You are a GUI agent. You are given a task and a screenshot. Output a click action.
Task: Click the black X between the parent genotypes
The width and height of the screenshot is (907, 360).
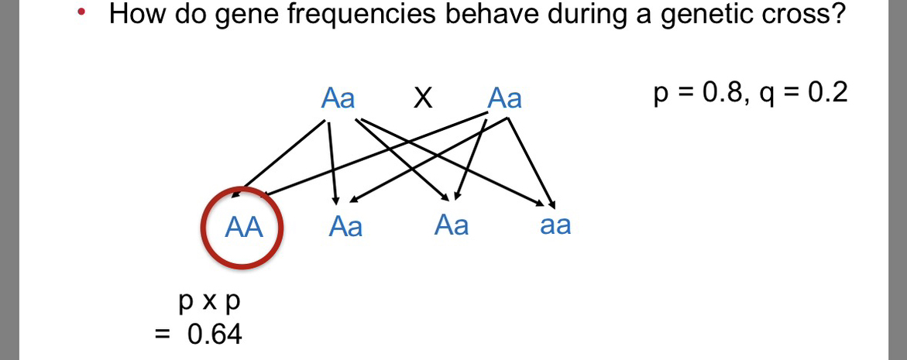(423, 99)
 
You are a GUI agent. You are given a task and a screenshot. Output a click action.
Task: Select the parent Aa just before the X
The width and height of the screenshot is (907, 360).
(338, 98)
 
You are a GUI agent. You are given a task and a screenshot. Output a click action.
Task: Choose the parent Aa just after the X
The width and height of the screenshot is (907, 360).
(504, 98)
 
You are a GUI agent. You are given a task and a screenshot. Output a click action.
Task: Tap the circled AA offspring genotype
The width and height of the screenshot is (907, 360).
(243, 228)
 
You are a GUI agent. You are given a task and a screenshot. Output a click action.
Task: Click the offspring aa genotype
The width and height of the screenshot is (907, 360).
(555, 225)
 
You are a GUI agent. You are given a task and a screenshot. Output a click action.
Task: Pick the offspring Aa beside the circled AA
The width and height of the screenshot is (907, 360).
(345, 227)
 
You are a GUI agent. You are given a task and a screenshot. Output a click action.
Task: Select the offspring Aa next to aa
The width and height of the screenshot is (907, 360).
(452, 225)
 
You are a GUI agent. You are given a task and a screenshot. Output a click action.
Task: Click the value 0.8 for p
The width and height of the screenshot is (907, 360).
(721, 92)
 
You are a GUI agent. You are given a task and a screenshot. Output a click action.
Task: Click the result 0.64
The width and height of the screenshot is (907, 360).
(215, 334)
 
